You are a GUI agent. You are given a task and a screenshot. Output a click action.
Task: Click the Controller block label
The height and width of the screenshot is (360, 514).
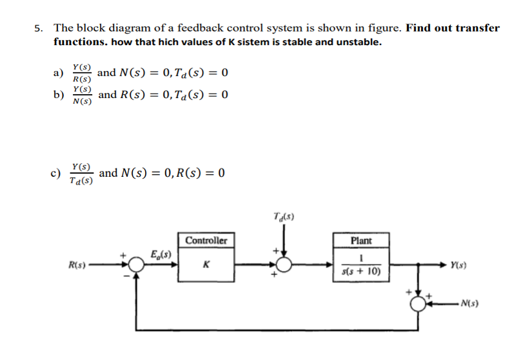coord(206,241)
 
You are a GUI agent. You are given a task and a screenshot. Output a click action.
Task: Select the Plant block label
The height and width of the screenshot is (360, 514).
coord(361,241)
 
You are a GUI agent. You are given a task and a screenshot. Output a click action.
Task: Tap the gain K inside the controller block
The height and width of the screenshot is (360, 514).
coord(206,265)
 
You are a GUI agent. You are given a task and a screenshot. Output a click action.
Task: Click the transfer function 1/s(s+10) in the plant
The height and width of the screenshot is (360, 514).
coord(361,265)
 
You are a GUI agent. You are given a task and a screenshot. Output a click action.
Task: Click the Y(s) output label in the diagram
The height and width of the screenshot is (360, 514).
coord(459,265)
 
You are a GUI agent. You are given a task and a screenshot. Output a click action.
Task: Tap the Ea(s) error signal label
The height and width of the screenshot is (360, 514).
coord(158,253)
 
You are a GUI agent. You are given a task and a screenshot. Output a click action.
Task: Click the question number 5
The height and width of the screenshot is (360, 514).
coord(39,28)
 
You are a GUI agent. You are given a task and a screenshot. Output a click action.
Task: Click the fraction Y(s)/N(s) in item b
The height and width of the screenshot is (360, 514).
coord(82,95)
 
